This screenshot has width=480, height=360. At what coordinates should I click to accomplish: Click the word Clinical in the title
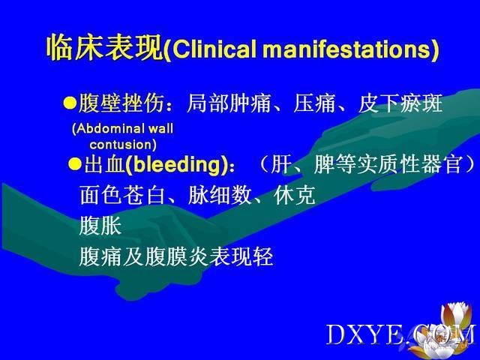(214, 49)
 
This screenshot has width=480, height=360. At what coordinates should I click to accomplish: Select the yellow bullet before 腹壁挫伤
(70, 103)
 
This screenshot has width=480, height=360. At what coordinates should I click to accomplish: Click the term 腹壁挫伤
(121, 103)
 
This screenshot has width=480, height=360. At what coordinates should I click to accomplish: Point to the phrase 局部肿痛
(229, 103)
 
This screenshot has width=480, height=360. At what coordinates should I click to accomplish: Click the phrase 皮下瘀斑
(400, 103)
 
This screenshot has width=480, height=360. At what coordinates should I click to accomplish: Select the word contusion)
(123, 145)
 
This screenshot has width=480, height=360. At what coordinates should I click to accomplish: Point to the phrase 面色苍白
(122, 195)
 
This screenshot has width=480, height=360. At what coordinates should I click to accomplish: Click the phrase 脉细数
(220, 195)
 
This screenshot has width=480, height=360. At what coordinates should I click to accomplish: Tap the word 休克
(295, 195)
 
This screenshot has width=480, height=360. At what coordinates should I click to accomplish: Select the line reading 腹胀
(100, 226)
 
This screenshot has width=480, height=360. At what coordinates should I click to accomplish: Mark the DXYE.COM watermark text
(401, 334)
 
